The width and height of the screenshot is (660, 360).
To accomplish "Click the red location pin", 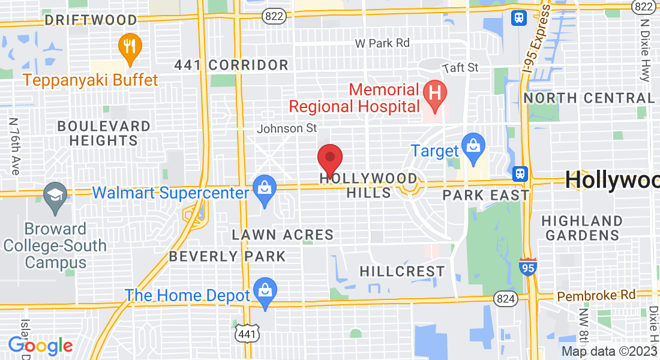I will tap(329, 160).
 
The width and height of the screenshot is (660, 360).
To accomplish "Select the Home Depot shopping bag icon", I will tap(264, 292).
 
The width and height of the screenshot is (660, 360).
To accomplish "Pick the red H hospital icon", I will tap(435, 94).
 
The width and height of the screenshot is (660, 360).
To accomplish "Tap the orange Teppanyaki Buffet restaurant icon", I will tap(130, 46).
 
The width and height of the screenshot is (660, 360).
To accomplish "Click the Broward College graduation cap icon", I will tap(55, 195).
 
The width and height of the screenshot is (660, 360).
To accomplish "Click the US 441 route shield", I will tap(243, 332).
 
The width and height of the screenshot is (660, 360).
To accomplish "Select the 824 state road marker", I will tap(505, 298).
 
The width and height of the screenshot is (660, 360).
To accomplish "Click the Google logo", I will tap(40, 346).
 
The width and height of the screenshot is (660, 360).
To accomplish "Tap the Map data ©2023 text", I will tap(608, 351).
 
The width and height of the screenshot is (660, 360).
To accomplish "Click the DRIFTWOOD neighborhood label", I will tap(91, 20).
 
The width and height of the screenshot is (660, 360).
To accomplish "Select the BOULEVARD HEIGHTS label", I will tap(104, 133).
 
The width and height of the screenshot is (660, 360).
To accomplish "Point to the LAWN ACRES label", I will tap(283, 235).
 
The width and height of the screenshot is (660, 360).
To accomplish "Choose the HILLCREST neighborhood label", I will tap(403, 272).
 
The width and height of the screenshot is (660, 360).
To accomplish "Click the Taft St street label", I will tap(460, 68).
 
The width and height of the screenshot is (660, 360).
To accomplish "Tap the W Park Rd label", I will tap(382, 43).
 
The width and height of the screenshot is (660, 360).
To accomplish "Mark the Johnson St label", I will tap(287, 128).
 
